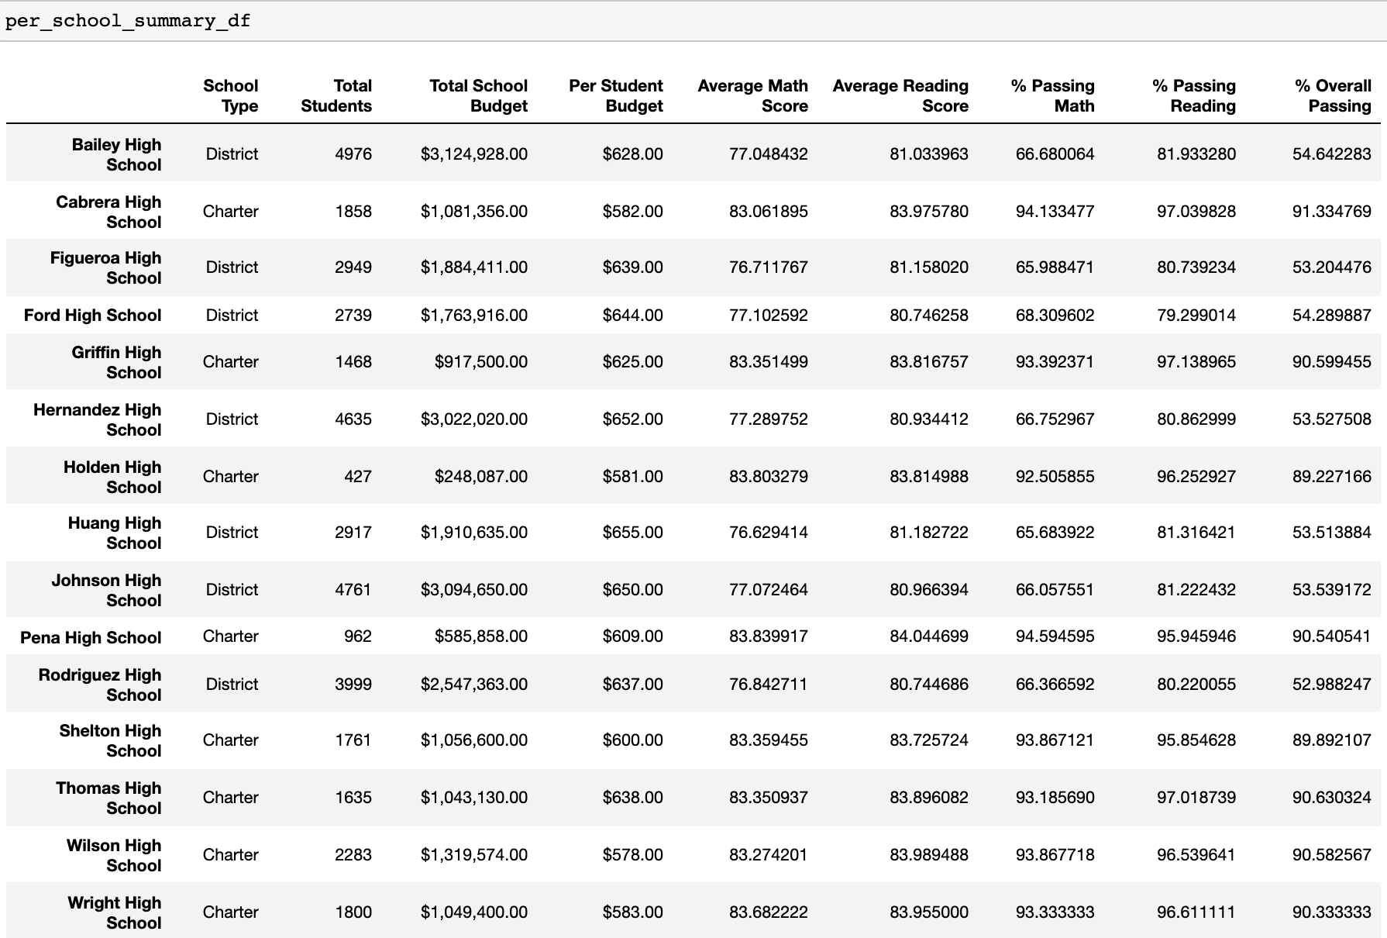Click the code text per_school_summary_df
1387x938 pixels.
(x=128, y=21)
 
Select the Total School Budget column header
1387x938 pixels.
(x=478, y=95)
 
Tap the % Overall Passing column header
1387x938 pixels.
(x=1333, y=95)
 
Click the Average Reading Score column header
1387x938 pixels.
(x=900, y=95)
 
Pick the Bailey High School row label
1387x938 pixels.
(x=116, y=154)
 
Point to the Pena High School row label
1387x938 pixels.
(x=91, y=637)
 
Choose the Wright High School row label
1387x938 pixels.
(x=114, y=912)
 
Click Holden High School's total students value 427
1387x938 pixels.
(x=357, y=476)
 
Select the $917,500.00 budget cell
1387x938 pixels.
(x=480, y=361)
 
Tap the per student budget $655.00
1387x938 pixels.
(x=632, y=532)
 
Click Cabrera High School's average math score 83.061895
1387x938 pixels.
(x=768, y=211)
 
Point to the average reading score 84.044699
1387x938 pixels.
(x=928, y=636)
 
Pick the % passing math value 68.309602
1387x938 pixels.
(x=1055, y=315)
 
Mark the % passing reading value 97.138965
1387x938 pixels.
(x=1196, y=361)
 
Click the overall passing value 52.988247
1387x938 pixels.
(x=1331, y=684)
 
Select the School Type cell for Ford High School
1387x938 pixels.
(x=232, y=315)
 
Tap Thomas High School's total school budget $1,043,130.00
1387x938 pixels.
(x=473, y=797)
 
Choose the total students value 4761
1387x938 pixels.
(x=353, y=589)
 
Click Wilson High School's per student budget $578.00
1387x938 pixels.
(x=632, y=854)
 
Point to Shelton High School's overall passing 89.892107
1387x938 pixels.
(x=1331, y=740)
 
